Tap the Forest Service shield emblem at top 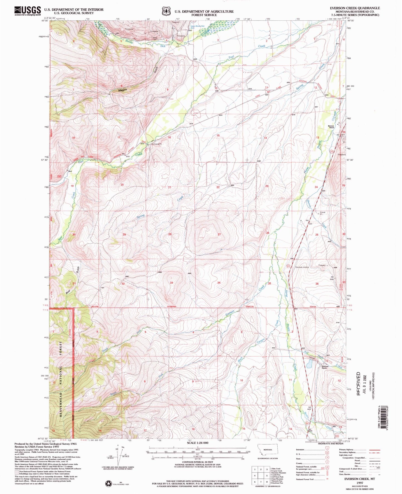tap(166, 11)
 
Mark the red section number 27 tap(219, 234)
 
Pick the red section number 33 tap(172, 283)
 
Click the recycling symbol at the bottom tap(108, 483)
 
